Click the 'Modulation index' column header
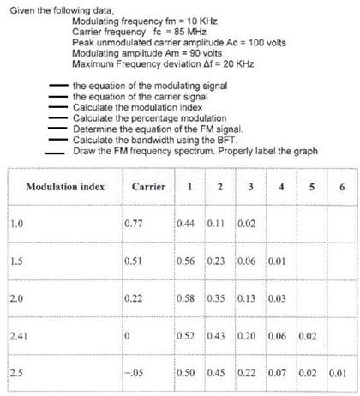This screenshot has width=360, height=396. [x=65, y=186]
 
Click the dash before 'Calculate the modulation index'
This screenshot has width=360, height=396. [x=58, y=107]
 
